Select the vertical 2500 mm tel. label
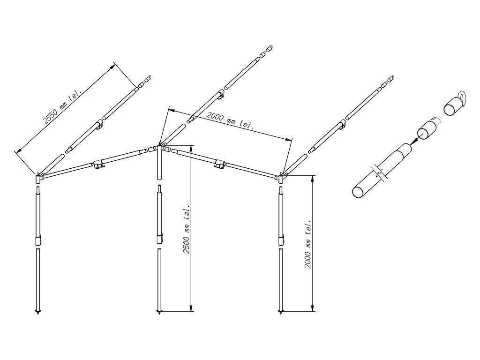(x=187, y=229)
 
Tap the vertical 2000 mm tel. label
(x=308, y=245)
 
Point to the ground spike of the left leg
(x=37, y=311)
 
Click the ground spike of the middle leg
(x=159, y=311)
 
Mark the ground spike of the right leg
(x=281, y=311)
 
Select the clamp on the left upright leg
(x=38, y=240)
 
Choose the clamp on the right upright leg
(x=281, y=240)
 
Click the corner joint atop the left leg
(x=38, y=178)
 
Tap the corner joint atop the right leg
(x=282, y=177)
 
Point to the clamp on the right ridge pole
(x=219, y=164)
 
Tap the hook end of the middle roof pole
(x=269, y=48)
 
